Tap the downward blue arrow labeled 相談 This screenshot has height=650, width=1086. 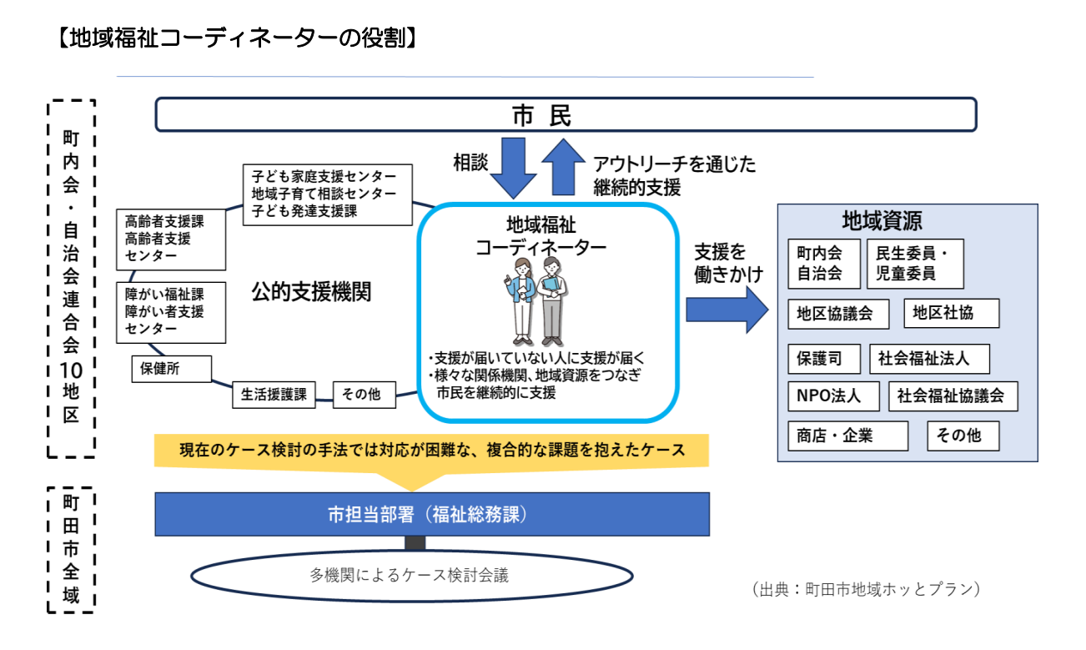[512, 167]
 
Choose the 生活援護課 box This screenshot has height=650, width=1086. [274, 395]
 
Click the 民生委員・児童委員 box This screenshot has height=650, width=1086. [915, 263]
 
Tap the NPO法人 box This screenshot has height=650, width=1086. [833, 396]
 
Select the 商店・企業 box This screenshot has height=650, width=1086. [847, 436]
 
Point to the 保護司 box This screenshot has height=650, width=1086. [823, 359]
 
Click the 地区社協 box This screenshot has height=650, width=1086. [950, 314]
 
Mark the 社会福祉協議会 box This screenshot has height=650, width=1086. [953, 396]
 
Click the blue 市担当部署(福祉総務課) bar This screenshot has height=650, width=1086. [432, 513]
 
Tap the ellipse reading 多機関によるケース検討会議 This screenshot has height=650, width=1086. [410, 575]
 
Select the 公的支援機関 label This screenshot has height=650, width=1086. [310, 293]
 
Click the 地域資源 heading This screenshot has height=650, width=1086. [882, 222]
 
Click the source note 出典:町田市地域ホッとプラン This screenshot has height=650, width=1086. [865, 589]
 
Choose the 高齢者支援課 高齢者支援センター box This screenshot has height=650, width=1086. [171, 239]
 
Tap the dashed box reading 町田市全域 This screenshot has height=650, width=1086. [71, 550]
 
